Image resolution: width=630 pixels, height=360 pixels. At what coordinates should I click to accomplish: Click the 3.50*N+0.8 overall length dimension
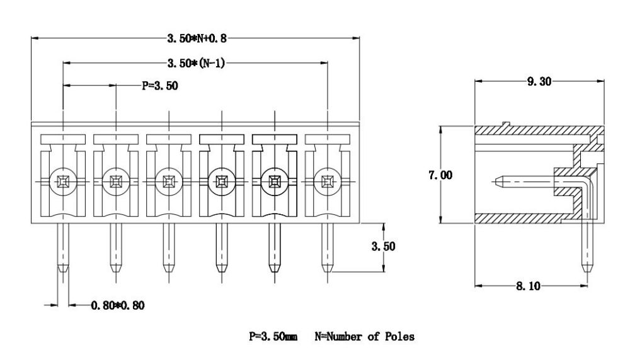click(x=197, y=38)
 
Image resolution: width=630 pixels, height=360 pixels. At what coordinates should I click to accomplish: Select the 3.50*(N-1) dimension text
click(x=196, y=63)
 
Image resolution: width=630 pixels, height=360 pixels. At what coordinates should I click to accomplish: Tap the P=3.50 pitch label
click(x=160, y=86)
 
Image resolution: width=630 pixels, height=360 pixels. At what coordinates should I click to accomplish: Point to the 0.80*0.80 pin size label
click(x=118, y=305)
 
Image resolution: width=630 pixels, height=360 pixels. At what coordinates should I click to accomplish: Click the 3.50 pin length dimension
click(x=383, y=246)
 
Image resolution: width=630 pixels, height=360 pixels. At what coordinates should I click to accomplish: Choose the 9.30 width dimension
click(x=539, y=82)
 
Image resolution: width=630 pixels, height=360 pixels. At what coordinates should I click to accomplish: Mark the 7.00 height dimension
click(x=440, y=175)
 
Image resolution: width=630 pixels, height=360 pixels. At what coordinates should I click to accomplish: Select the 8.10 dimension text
click(x=529, y=286)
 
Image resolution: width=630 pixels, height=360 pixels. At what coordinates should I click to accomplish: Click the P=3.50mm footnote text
click(x=273, y=336)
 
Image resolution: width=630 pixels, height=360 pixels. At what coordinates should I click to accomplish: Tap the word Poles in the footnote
click(x=399, y=336)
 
